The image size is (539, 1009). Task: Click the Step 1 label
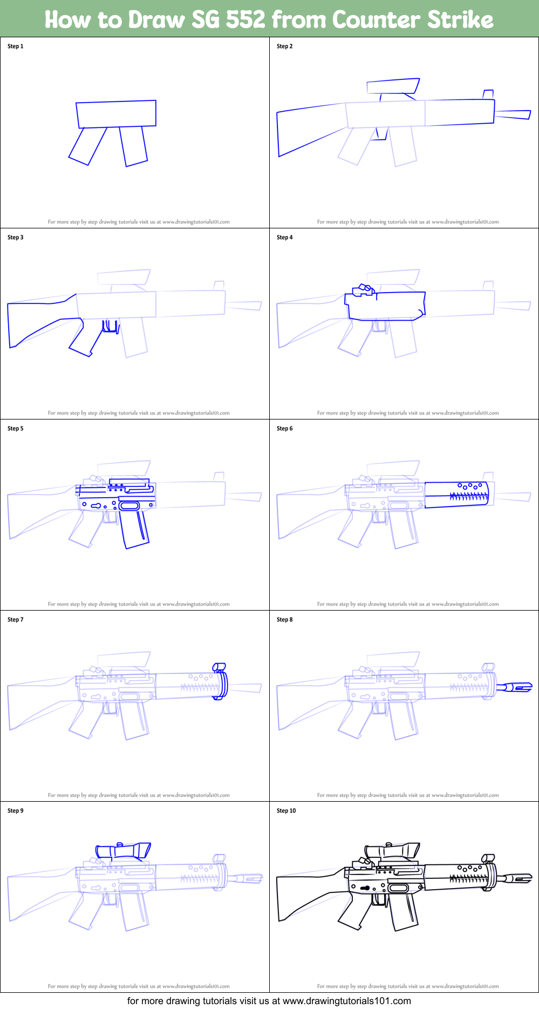[x=15, y=46]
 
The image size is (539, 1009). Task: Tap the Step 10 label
[x=286, y=810]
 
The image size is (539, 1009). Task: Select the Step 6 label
[x=284, y=428]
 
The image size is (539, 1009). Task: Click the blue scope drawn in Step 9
[x=123, y=851]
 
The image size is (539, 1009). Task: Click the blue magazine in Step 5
[x=134, y=529]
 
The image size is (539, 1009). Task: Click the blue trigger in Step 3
[x=111, y=326]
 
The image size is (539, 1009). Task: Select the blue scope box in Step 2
[x=392, y=86]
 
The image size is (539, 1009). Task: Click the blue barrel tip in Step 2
[x=513, y=114]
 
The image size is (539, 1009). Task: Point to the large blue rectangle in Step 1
[x=116, y=114]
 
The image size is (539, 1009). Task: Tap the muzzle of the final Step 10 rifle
[x=518, y=878]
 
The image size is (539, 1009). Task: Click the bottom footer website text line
[x=269, y=1001]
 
